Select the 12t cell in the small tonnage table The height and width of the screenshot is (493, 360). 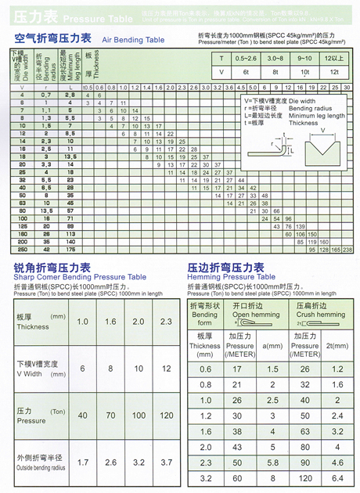pyautogui.click(x=334, y=71)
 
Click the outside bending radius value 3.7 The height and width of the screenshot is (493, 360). pyautogui.click(x=165, y=462)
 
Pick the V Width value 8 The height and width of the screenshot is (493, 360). pyautogui.click(x=110, y=368)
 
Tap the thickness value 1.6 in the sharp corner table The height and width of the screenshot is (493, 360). pyautogui.click(x=110, y=322)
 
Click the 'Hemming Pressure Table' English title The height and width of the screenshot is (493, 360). pyautogui.click(x=232, y=277)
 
